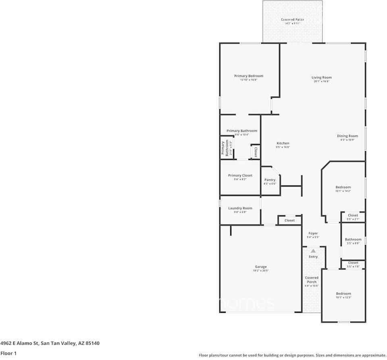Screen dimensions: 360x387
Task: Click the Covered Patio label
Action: [292, 20]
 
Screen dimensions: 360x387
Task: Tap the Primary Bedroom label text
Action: [249, 76]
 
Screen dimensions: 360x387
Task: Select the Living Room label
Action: [321, 78]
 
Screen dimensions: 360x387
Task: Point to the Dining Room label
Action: [347, 136]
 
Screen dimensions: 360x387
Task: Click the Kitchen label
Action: [283, 144]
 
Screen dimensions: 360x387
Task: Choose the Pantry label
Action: [270, 180]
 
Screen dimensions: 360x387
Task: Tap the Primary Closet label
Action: [240, 176]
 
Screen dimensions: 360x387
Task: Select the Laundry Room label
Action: [240, 208]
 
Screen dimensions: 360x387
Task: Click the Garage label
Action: [261, 267]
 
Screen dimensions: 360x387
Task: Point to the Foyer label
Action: [313, 233]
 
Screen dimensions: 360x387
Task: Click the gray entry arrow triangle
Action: [313, 251]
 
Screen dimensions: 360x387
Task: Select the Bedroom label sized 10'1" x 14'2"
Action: [343, 187]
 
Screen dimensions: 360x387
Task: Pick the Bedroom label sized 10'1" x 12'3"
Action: [343, 294]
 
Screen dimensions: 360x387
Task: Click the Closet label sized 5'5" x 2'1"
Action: [353, 216]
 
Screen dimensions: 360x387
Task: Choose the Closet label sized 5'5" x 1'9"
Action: [353, 263]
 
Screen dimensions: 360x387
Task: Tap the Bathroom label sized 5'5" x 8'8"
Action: [353, 239]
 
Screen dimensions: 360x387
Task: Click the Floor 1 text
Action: [9, 353]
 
